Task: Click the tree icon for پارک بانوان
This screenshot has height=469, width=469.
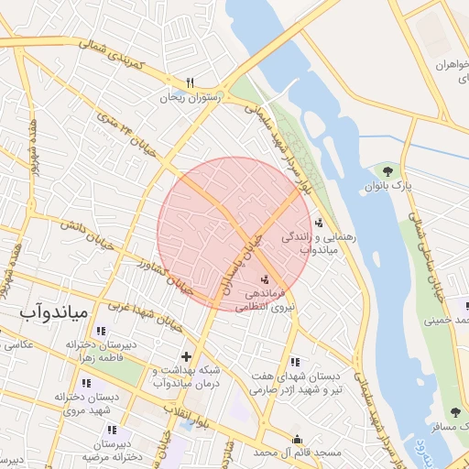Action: coord(388,170)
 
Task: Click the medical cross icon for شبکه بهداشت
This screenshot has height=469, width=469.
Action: coord(186,355)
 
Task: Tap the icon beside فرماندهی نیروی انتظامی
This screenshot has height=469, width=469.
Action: coord(266,278)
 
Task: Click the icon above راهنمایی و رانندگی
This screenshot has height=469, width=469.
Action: coord(319,221)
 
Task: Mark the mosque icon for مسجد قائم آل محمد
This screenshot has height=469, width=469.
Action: coord(296,440)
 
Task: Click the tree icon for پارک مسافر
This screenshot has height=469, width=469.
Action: coord(455,413)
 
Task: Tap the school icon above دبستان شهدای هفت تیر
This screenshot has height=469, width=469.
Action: coord(295,362)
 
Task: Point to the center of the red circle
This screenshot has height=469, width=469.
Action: coord(235,234)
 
